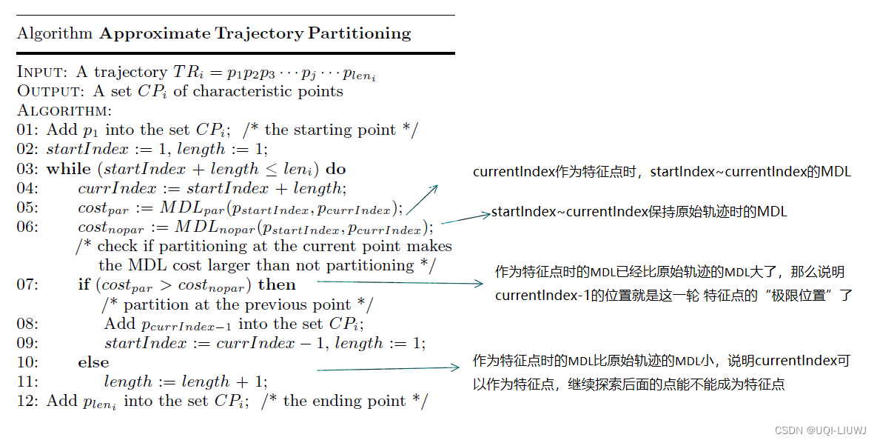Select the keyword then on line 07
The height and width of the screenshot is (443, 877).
pos(277,284)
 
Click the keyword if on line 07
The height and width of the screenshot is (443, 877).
pos(84,284)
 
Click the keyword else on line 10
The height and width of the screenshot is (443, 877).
pos(93,362)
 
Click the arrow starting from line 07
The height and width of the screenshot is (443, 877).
pos(400,282)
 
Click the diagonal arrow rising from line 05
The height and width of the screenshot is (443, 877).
pos(422,199)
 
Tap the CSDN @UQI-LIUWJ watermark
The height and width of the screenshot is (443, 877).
pos(821,430)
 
